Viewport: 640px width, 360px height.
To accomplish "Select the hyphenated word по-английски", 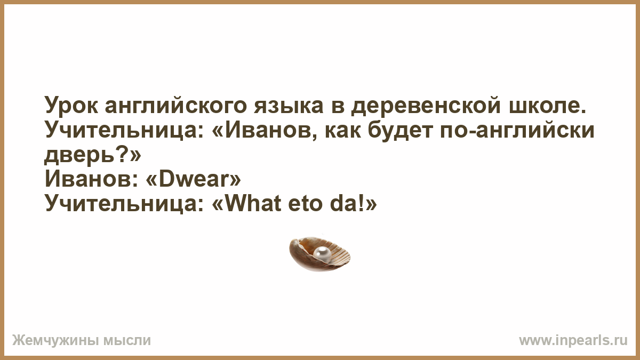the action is (517, 130).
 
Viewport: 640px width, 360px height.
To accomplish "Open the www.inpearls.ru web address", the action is (573, 341).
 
